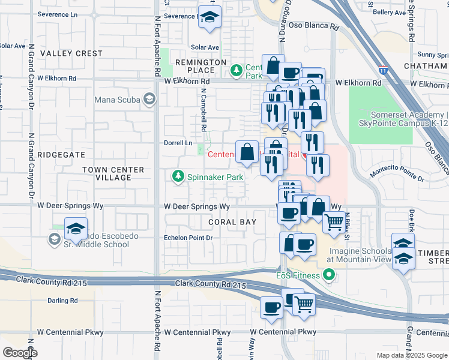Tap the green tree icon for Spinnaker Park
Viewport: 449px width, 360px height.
point(178,176)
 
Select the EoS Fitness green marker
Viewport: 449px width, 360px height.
point(328,275)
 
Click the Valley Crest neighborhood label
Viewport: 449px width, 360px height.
point(71,53)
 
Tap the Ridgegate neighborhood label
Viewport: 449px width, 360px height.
point(61,154)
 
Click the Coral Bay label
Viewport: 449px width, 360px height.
point(232,222)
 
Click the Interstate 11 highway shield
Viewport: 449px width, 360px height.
point(382,70)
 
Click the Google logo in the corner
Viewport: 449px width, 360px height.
point(19,353)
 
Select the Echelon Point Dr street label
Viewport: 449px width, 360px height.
point(188,238)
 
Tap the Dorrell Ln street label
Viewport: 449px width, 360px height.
point(178,143)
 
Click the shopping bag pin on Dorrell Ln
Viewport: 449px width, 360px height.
point(247,152)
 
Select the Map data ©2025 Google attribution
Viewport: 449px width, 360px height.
point(412,355)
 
